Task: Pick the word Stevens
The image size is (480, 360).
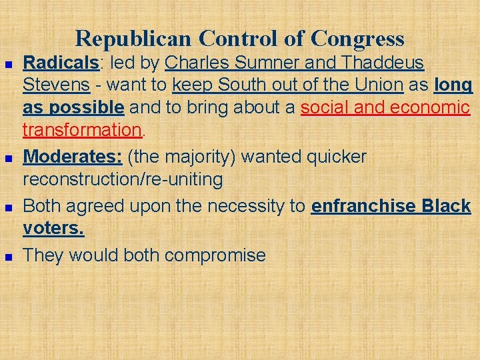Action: point(56,85)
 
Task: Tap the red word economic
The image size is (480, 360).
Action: point(430,107)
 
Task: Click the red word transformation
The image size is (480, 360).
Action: point(79,129)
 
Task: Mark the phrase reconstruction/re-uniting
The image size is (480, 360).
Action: point(123,179)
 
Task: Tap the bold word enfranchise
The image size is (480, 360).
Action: point(364,206)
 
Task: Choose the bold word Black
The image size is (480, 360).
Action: point(447,206)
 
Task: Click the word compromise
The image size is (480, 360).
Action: point(215,255)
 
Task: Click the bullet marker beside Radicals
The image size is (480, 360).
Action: point(7,64)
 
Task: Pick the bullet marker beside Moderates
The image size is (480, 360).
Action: point(7,158)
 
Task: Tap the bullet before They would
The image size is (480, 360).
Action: point(7,256)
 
